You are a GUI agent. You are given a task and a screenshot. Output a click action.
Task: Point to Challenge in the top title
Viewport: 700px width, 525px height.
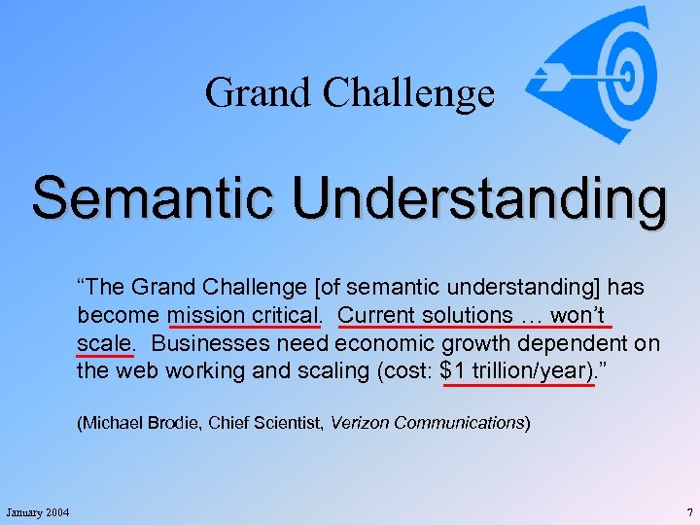tap(407, 93)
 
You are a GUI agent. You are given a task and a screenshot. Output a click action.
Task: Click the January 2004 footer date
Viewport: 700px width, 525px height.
tap(37, 512)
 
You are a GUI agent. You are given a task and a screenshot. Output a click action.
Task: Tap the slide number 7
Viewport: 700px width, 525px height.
tap(688, 512)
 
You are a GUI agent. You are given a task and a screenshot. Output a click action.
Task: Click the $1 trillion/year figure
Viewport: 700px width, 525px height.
tap(516, 370)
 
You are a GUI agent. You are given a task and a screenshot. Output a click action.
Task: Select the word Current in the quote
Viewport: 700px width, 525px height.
tap(376, 316)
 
